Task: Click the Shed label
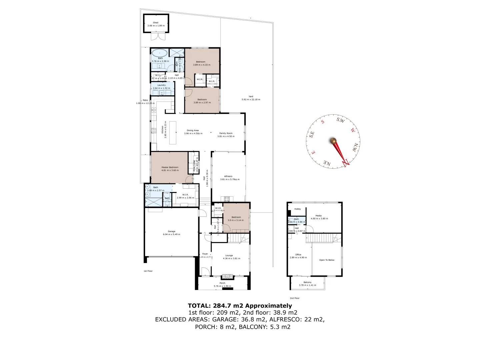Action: tap(156, 23)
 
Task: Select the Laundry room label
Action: tap(161, 85)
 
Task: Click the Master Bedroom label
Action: tap(170, 167)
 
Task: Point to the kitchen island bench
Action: tap(173, 133)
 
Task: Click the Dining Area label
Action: tap(193, 130)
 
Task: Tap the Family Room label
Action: tap(226, 133)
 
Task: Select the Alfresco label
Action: tap(228, 176)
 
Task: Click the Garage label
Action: tap(171, 231)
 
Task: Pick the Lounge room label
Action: tap(229, 256)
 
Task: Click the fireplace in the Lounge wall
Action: tap(228, 276)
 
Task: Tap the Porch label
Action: tap(222, 283)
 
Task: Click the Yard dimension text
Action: tap(251, 99)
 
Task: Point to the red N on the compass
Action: tap(346, 162)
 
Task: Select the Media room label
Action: tap(319, 216)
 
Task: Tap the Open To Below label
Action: tap(327, 260)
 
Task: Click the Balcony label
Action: tap(307, 282)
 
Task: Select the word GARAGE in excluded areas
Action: tap(222, 320)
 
